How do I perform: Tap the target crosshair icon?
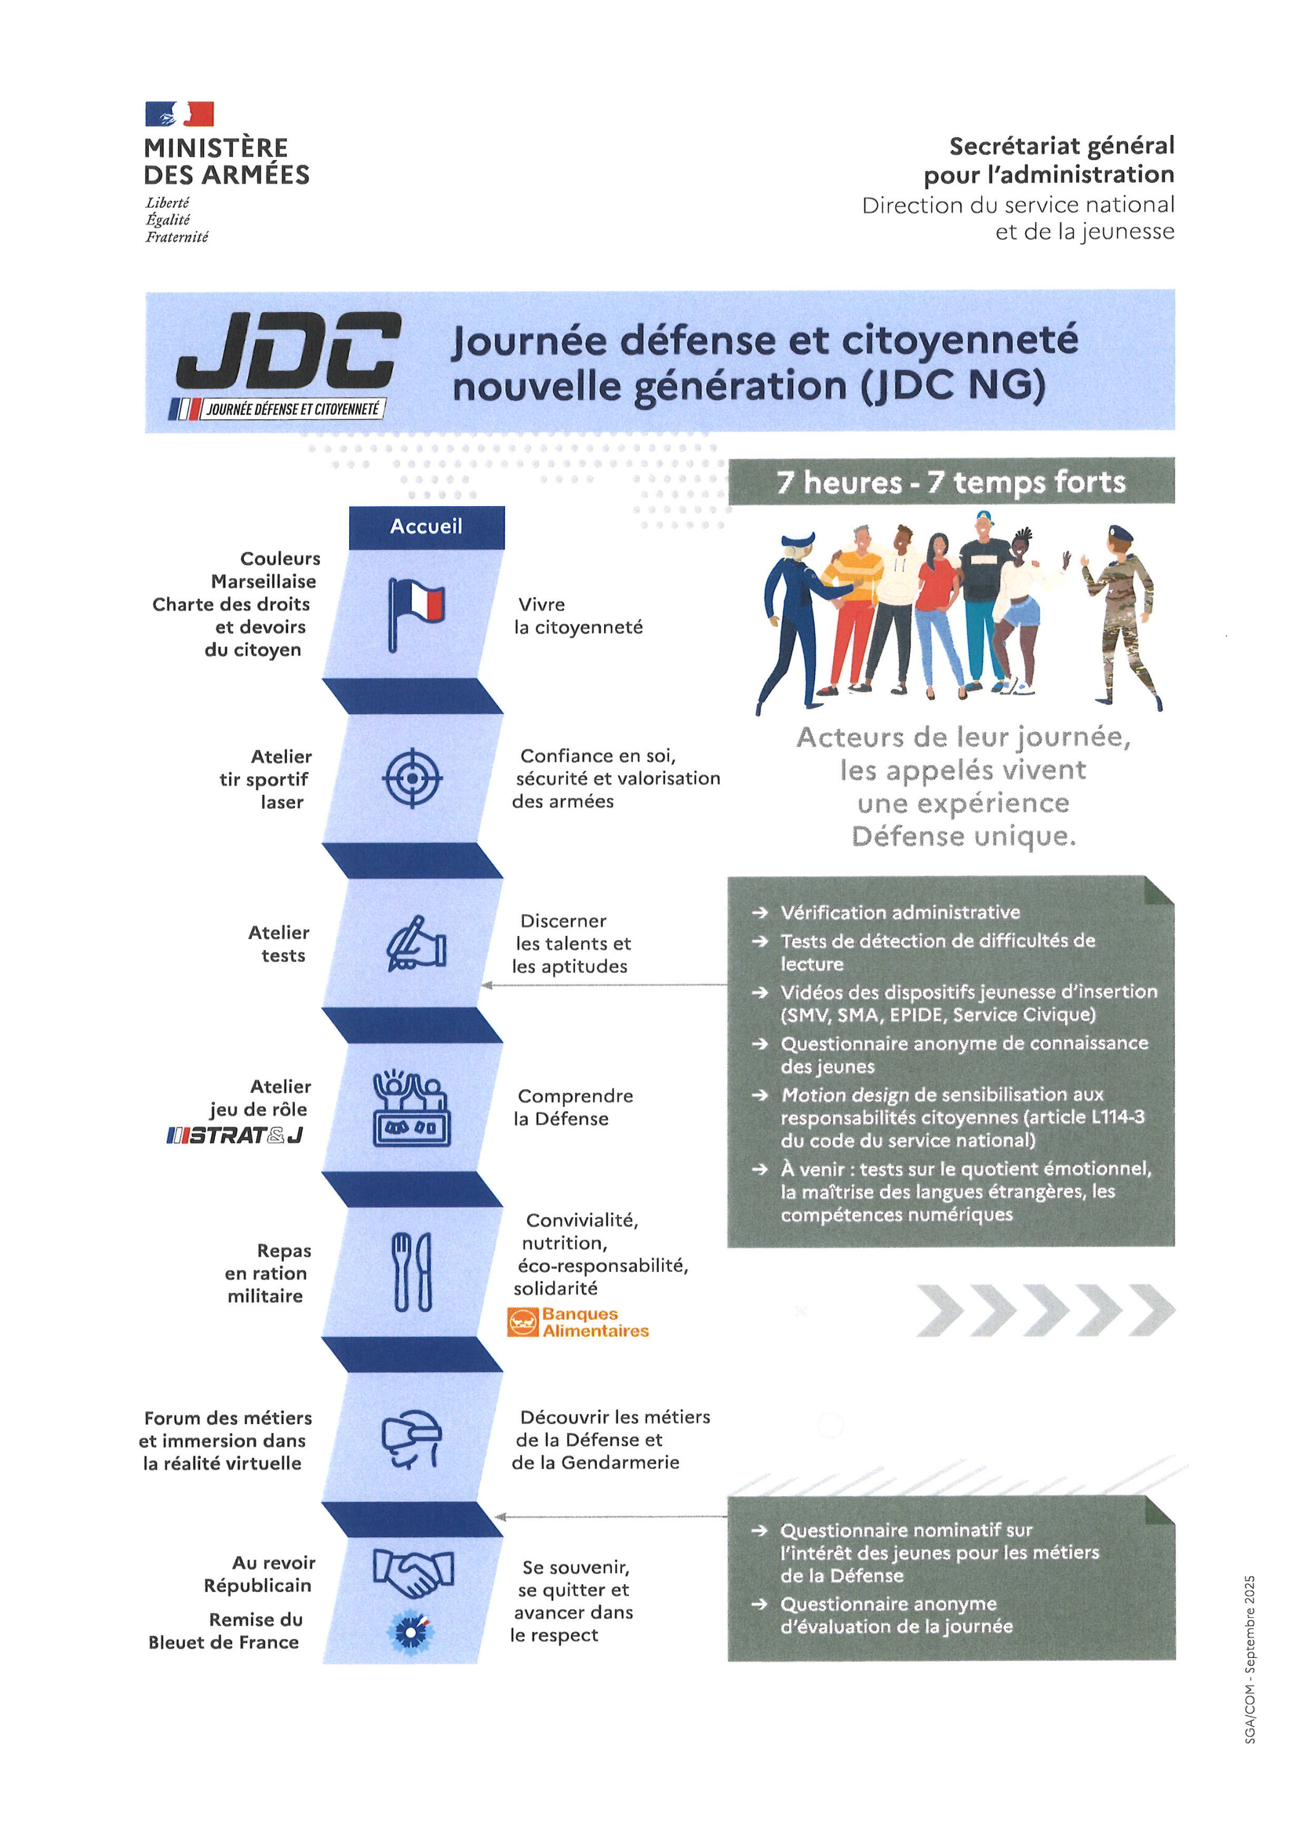(x=412, y=779)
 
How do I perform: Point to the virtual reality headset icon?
(x=412, y=1439)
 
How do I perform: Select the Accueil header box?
(x=427, y=527)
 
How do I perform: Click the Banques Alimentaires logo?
(x=578, y=1322)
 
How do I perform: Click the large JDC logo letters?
(x=288, y=352)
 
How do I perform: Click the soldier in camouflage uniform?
(x=1120, y=616)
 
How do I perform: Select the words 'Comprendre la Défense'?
(x=574, y=1107)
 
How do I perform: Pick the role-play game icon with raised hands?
(x=412, y=1109)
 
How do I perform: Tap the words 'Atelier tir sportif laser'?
(x=265, y=779)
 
